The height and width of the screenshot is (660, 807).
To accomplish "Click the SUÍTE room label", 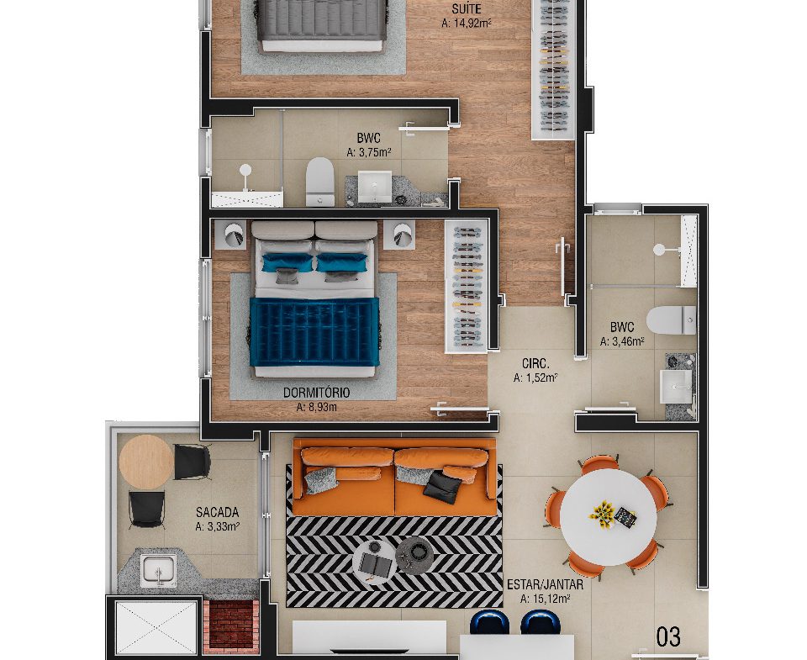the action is click(x=467, y=8).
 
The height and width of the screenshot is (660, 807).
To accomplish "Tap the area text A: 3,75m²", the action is click(x=368, y=152).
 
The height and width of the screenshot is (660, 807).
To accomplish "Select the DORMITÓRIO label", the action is click(x=317, y=393).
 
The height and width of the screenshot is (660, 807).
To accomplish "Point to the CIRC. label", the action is click(x=535, y=363).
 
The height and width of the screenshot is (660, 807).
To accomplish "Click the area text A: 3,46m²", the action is click(x=622, y=341).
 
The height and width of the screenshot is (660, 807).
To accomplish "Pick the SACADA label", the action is click(x=217, y=512).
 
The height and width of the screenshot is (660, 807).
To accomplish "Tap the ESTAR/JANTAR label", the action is click(x=545, y=585).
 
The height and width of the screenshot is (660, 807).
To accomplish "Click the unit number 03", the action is click(x=668, y=636).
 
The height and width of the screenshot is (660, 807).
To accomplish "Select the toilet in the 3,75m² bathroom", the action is click(x=319, y=182).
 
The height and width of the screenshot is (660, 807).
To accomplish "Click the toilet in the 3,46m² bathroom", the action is click(x=671, y=320).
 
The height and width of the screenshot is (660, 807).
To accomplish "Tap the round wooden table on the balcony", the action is click(x=146, y=462).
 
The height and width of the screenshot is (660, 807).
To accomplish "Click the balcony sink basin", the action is click(x=159, y=570).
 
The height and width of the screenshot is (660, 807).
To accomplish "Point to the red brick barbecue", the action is click(x=231, y=625).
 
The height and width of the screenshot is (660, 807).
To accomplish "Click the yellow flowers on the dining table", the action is click(x=602, y=514).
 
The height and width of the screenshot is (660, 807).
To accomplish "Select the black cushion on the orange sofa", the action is click(x=443, y=487).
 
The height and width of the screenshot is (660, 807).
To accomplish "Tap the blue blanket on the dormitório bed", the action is click(x=314, y=332).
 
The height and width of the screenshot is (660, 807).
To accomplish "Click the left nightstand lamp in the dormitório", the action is click(x=234, y=235).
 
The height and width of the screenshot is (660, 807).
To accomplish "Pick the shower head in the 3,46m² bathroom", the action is click(x=659, y=250).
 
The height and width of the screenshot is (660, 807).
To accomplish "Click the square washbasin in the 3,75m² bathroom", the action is click(x=375, y=187).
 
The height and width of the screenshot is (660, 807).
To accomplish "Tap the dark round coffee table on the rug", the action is click(x=414, y=556).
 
